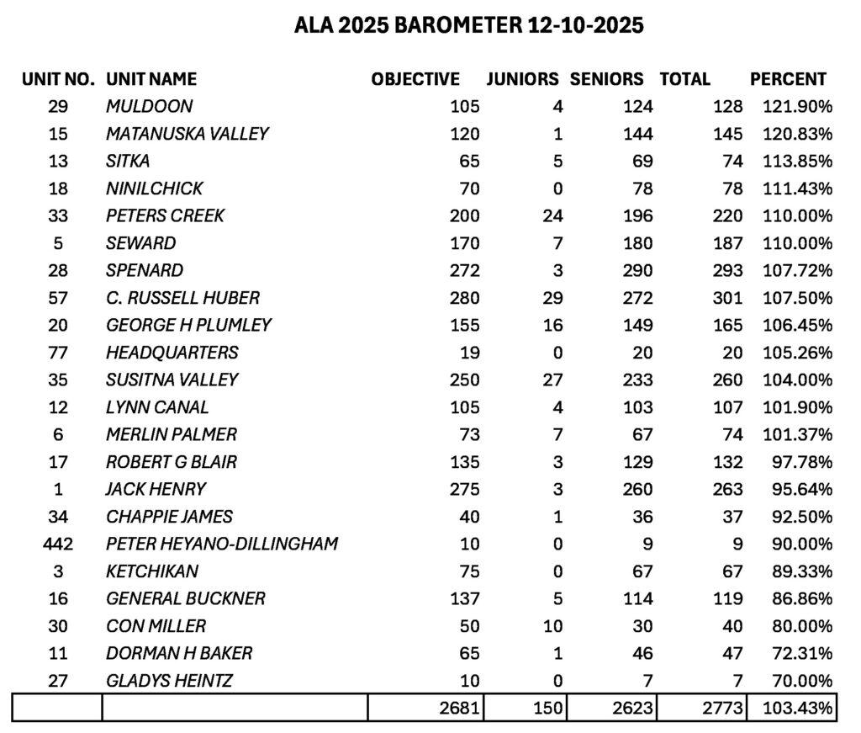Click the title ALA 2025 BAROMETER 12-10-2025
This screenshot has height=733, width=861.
[468, 26]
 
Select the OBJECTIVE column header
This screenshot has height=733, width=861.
[415, 79]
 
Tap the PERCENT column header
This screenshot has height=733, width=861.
[788, 79]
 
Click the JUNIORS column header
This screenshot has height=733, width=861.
[522, 79]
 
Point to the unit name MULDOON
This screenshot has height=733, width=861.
[149, 107]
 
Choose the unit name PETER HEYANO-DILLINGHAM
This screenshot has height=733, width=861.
[222, 544]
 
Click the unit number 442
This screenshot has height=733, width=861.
[58, 544]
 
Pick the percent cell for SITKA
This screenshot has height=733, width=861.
[797, 162]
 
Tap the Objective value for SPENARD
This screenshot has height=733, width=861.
[464, 271]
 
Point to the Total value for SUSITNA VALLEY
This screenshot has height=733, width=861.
[726, 380]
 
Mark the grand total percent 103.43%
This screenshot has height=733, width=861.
[797, 709]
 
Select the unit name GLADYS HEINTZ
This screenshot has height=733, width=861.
[169, 681]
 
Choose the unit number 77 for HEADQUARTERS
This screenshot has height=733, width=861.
[58, 353]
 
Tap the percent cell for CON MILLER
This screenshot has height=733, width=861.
[800, 626]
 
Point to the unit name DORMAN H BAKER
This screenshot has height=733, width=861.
[179, 653]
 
